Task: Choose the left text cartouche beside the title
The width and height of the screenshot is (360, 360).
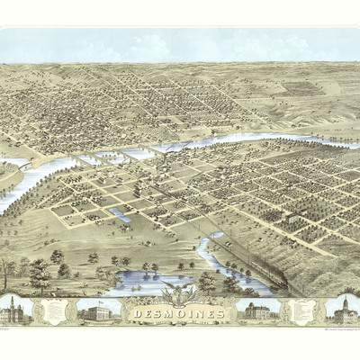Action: click(55, 310)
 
